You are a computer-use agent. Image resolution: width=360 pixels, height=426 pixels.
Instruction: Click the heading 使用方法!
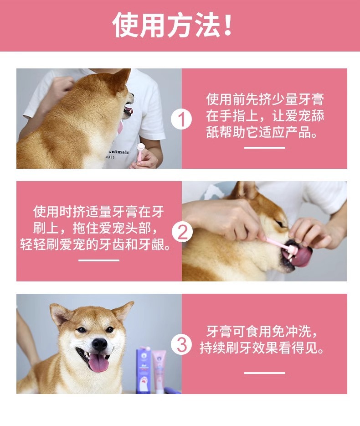pos(172,25)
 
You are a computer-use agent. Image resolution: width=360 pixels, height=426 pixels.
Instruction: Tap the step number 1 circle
pos(181,119)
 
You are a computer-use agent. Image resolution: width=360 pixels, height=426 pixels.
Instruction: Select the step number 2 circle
pos(182,232)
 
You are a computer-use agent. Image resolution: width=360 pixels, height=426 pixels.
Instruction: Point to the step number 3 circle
pos(181,344)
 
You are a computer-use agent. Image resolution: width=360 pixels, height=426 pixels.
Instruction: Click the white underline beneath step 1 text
pos(265,148)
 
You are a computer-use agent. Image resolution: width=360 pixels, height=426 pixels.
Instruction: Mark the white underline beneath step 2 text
pos(99,260)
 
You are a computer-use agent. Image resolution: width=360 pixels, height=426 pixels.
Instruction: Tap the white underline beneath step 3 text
pos(265,373)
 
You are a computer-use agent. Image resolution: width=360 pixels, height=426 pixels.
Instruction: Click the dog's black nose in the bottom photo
pos(99,344)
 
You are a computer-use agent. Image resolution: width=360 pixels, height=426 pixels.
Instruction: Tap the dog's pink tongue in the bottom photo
pos(98,363)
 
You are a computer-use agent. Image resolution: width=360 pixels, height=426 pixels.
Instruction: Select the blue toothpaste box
pos(144,370)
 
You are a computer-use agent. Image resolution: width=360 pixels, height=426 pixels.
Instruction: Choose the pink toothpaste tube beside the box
pos(159,371)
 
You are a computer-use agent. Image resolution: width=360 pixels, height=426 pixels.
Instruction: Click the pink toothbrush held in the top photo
pos(139,153)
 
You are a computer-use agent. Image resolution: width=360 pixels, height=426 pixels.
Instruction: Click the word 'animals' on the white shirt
pos(118,152)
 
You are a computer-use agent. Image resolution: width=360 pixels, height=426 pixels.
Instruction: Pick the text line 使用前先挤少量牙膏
pos(265,99)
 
